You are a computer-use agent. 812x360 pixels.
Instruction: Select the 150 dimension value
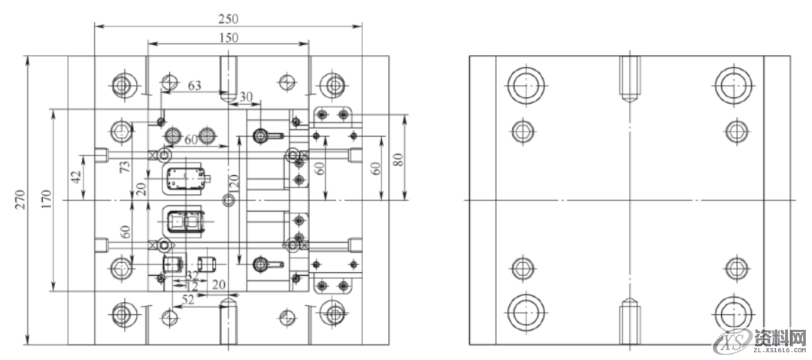tap(228, 37)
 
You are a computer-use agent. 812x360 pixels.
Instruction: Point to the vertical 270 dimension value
tap(19, 199)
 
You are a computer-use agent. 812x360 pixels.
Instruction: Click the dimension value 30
tap(246, 97)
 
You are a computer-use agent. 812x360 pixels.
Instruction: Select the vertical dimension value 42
tap(75, 178)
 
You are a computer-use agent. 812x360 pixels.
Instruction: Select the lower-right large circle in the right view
tap(733, 312)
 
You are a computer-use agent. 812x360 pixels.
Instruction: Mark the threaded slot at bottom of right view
tap(629, 321)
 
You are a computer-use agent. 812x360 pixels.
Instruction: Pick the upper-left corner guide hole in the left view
tap(121, 84)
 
